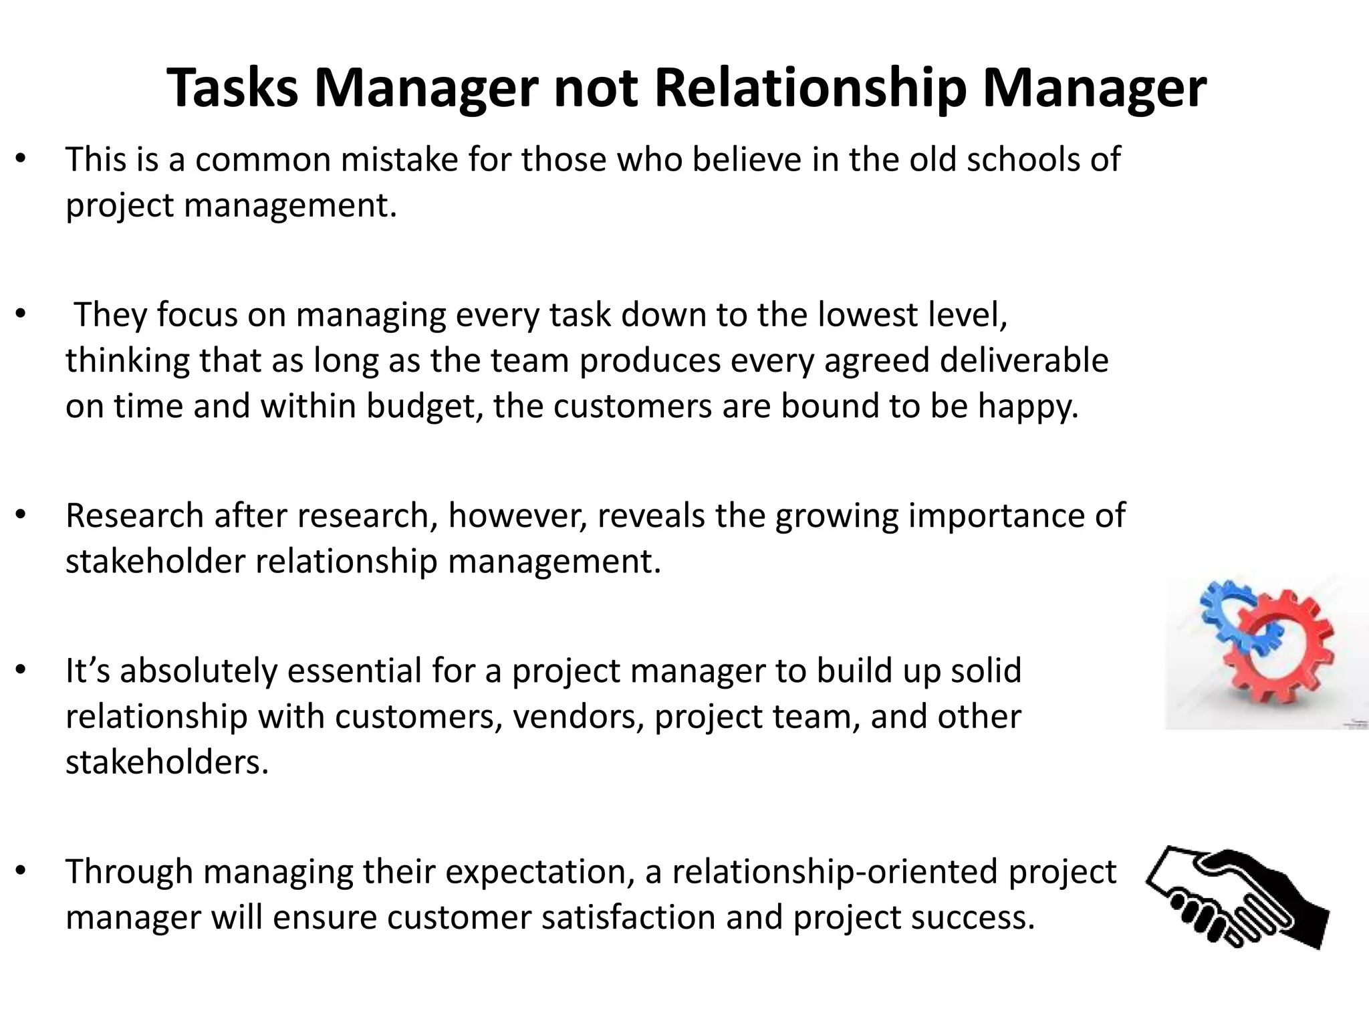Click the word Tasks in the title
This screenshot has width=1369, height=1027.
(x=233, y=88)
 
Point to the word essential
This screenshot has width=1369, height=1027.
(x=354, y=671)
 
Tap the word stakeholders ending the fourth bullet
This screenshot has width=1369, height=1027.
(x=167, y=762)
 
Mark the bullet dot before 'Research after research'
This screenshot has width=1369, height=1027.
(x=21, y=515)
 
